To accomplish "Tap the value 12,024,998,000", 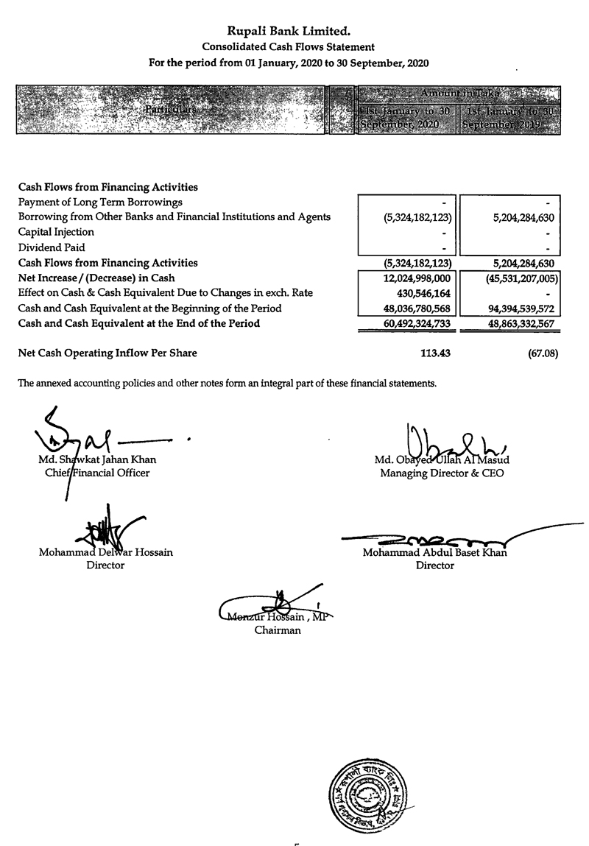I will point(417,278).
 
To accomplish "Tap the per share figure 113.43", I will point(435,353).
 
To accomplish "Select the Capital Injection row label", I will point(56,232).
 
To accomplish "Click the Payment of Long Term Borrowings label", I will point(100,202).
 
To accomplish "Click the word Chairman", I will point(278,630).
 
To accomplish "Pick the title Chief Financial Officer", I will point(97,473).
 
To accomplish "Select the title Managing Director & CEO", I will point(442,473).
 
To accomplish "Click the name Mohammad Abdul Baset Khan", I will point(434,552).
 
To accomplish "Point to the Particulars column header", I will point(170,110).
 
